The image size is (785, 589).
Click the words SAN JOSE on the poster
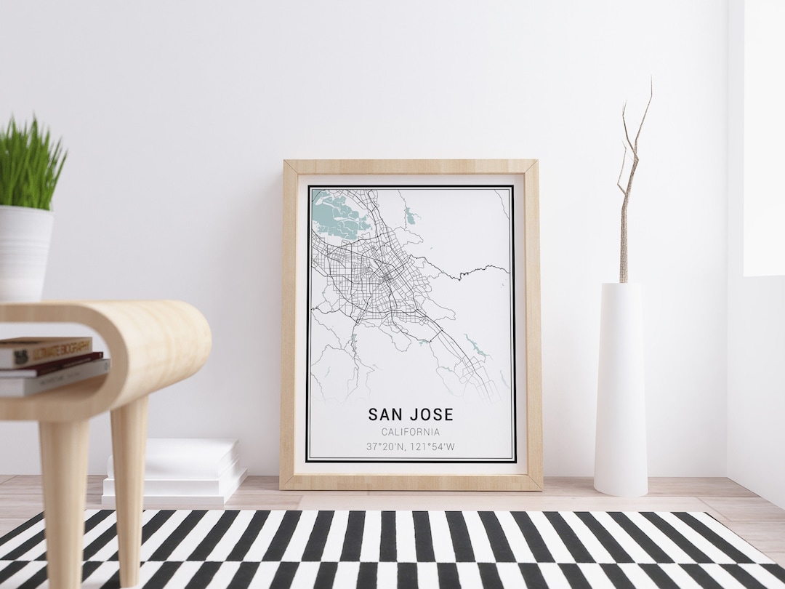[410, 414]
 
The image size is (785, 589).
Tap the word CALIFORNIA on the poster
[410, 432]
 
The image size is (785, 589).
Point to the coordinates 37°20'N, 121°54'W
[410, 446]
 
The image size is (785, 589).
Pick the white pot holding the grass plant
[25, 251]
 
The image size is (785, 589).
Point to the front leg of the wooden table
[65, 502]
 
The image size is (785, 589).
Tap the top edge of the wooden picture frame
[411, 167]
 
